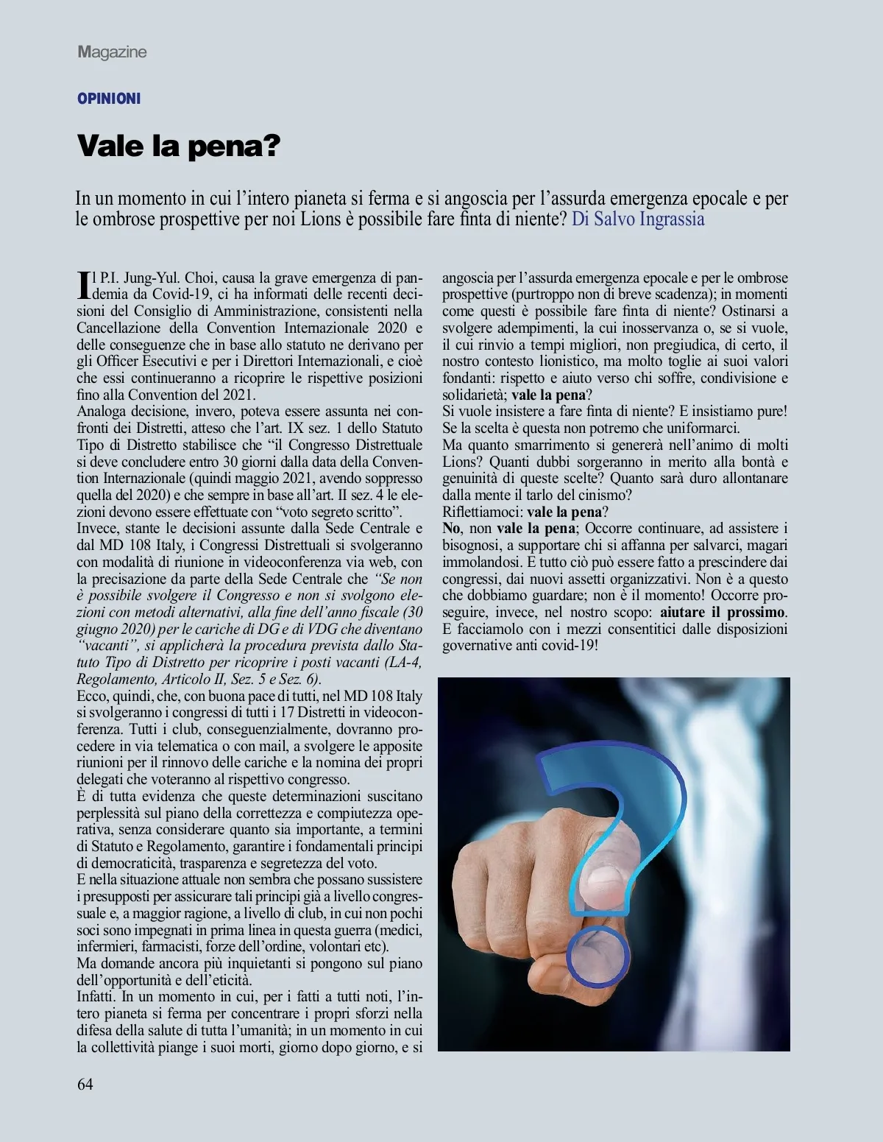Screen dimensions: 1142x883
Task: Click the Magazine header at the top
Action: pyautogui.click(x=112, y=52)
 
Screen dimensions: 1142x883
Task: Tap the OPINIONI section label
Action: pyautogui.click(x=109, y=99)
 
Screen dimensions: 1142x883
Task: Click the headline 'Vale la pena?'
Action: pyautogui.click(x=179, y=146)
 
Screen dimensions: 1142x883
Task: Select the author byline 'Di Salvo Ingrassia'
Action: pyautogui.click(x=638, y=219)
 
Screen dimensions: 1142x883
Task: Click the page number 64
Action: pyautogui.click(x=85, y=1084)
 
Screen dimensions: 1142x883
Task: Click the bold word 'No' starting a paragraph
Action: pyautogui.click(x=450, y=529)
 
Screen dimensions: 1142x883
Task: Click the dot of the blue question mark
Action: pyautogui.click(x=599, y=956)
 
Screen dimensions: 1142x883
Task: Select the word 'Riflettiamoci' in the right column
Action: pyautogui.click(x=482, y=512)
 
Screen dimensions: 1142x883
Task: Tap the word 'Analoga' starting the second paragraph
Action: pyautogui.click(x=101, y=412)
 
